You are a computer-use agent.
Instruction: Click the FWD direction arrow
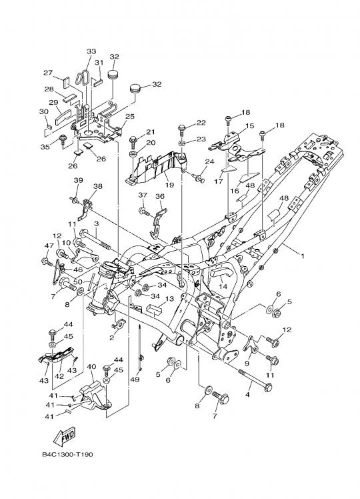[65, 436]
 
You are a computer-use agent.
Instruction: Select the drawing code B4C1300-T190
[67, 454]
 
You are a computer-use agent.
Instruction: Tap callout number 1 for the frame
[303, 256]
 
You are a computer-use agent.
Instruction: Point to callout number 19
[169, 185]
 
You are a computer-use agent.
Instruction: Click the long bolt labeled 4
[255, 379]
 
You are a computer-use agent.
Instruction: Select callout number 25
[130, 117]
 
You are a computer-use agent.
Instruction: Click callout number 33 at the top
[91, 51]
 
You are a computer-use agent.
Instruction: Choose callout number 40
[91, 367]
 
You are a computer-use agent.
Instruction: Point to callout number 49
[135, 380]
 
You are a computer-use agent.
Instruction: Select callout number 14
[223, 286]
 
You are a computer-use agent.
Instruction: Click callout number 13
[169, 299]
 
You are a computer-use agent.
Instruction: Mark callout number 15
[249, 125]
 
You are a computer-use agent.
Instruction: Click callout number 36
[159, 196]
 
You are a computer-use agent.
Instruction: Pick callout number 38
[97, 187]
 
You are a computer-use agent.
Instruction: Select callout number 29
[53, 103]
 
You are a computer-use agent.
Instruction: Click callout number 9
[247, 363]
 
